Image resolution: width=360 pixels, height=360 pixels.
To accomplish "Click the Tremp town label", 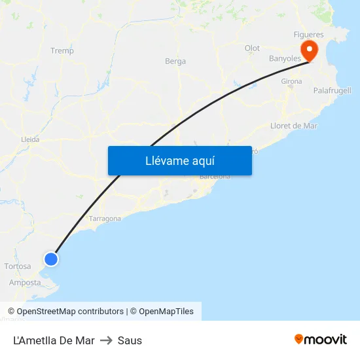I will point(62,51).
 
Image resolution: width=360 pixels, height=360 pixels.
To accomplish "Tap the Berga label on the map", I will point(175,62).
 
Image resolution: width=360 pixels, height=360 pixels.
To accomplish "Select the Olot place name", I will point(252,48).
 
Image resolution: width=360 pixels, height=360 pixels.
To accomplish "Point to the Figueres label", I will point(308,35).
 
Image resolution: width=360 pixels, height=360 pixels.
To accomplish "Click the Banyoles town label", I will point(285,58).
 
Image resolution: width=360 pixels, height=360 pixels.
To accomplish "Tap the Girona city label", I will point(291,82).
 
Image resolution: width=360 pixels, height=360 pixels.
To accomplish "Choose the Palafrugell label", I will point(333,90).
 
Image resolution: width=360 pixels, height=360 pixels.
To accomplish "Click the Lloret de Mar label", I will point(294,126).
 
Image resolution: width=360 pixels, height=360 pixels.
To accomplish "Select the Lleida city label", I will point(30,139).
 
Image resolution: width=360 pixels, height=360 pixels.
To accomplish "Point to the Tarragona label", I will point(105,219).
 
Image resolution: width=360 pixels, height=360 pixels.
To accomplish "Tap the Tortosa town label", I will point(18,266).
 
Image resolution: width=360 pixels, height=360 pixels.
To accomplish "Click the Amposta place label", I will point(25,283).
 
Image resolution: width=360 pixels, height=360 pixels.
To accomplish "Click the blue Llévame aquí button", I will point(180,161).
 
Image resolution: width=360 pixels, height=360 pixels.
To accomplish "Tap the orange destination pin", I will point(308,49).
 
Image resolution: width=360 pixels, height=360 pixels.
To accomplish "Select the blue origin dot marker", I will point(50,259).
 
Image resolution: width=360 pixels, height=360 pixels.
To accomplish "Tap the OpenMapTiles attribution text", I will point(166,312).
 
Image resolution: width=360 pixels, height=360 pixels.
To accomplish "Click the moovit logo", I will point(321,340).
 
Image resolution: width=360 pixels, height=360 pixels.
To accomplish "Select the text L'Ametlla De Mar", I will point(54,340).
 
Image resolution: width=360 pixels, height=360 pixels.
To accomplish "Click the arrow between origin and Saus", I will point(106,340).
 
